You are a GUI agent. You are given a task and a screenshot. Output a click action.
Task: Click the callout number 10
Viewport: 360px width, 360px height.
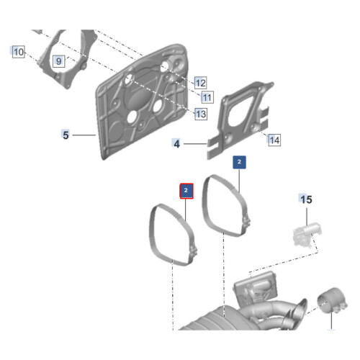click(x=19, y=52)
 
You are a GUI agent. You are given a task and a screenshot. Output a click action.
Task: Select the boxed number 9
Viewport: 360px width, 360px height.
click(x=59, y=61)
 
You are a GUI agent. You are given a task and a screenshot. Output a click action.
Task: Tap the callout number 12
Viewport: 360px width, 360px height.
click(x=201, y=83)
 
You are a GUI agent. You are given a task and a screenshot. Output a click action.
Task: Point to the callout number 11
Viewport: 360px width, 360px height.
click(x=207, y=97)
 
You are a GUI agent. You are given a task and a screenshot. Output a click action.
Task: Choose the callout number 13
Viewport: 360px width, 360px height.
click(x=201, y=114)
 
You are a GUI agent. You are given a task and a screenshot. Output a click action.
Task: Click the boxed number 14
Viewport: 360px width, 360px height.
click(x=274, y=140)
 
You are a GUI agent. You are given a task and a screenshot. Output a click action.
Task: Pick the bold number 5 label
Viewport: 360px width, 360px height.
click(x=66, y=135)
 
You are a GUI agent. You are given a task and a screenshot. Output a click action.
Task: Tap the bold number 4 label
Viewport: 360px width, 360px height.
click(x=176, y=144)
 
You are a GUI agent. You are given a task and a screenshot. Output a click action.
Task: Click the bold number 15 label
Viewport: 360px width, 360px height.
click(x=307, y=199)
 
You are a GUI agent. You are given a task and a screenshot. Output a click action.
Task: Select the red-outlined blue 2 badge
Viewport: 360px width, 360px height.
click(x=186, y=191)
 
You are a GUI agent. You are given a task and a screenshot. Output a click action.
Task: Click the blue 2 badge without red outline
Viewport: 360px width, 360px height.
click(x=239, y=162)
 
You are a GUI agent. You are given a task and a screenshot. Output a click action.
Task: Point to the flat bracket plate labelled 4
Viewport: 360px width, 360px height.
click(x=240, y=120)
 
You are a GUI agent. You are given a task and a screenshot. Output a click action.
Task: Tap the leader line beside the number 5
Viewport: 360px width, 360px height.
click(x=84, y=135)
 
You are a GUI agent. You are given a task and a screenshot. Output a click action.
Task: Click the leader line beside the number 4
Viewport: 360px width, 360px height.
click(x=195, y=144)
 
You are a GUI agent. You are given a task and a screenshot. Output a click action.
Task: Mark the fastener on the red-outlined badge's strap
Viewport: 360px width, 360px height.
click(x=194, y=251)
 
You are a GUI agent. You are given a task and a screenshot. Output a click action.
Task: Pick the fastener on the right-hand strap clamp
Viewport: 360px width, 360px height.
click(x=246, y=222)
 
